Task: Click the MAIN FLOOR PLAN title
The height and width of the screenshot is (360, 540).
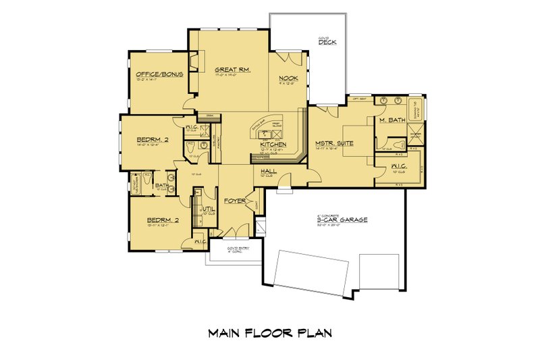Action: click(x=269, y=333)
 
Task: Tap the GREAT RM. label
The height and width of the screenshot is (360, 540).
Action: click(x=229, y=70)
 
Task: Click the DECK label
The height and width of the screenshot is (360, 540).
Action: click(x=328, y=43)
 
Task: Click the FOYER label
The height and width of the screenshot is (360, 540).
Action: click(x=235, y=201)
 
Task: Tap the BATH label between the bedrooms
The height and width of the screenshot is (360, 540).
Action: click(x=162, y=185)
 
